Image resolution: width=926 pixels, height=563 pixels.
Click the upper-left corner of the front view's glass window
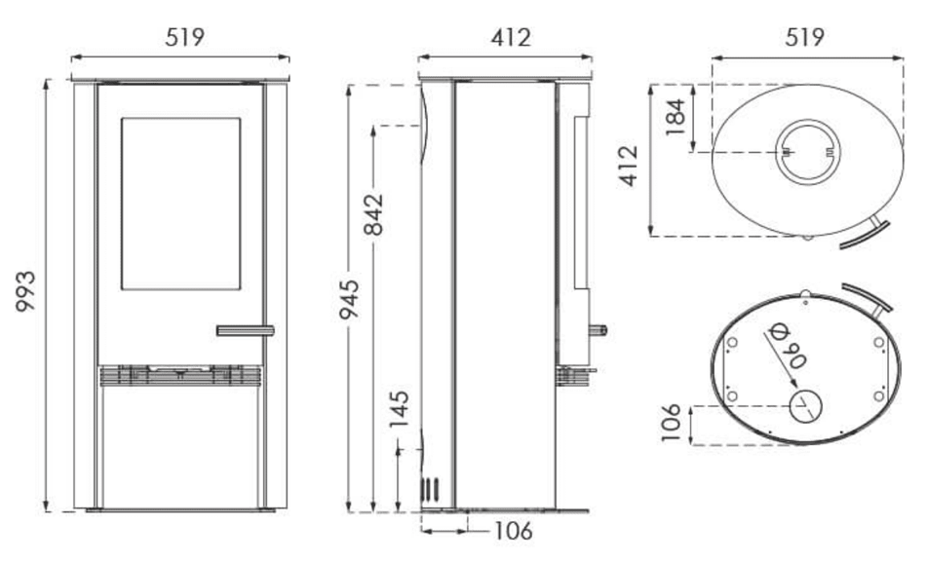point(122,118)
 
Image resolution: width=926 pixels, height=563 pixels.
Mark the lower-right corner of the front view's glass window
point(241,289)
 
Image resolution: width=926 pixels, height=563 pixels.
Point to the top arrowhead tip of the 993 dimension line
point(46,79)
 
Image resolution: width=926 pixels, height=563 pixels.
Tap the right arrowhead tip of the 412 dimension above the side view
point(593,57)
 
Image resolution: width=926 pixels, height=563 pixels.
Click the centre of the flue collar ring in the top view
point(807,152)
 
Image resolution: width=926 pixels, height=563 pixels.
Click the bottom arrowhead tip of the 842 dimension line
point(373,511)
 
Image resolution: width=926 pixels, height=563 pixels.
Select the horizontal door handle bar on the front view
point(245,330)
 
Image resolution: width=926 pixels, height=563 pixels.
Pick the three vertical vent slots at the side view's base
point(429,490)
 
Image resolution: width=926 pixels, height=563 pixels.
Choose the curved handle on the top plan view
point(867,234)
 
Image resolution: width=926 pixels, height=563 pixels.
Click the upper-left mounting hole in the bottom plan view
point(732,342)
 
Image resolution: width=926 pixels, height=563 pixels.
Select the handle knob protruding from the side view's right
point(598,330)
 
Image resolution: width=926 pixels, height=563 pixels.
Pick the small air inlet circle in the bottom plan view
point(805,406)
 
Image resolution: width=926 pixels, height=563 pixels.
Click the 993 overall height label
point(25,291)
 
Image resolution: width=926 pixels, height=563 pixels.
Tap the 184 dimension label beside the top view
point(675,117)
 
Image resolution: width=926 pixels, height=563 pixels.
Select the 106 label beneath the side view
point(513,531)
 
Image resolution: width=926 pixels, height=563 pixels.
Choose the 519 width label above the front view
point(185,37)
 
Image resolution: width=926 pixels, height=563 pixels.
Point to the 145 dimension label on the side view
point(400,409)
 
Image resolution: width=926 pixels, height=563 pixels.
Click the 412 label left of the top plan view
point(630,166)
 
